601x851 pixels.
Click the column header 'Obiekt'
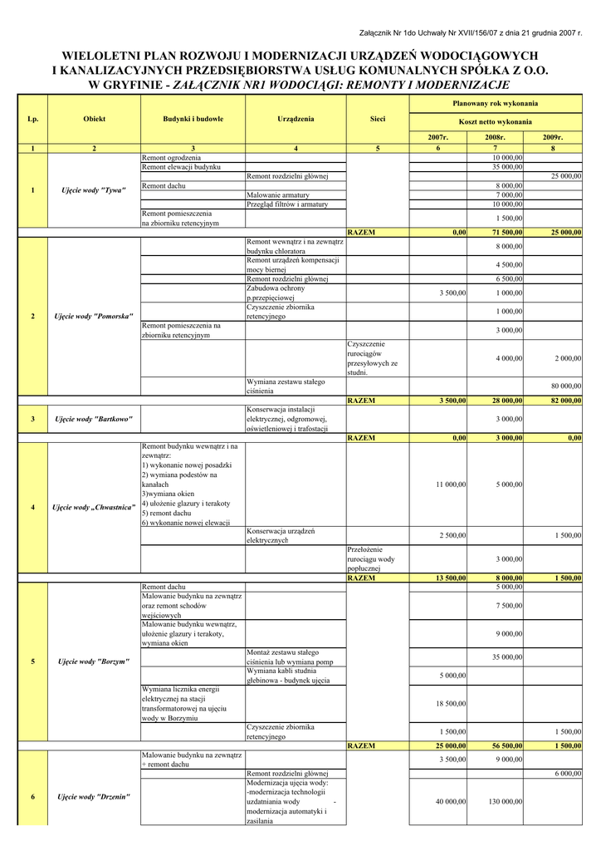click(94, 120)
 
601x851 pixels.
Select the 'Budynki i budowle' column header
click(193, 120)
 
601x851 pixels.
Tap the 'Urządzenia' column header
click(296, 120)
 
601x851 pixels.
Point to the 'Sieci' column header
click(377, 120)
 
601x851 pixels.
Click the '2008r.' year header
click(496, 136)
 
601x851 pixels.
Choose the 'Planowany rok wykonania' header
click(495, 104)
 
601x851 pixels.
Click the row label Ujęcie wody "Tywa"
click(94, 191)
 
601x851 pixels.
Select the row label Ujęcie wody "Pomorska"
click(94, 317)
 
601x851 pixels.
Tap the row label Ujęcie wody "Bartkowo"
click(94, 419)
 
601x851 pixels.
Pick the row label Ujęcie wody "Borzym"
click(94, 662)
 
